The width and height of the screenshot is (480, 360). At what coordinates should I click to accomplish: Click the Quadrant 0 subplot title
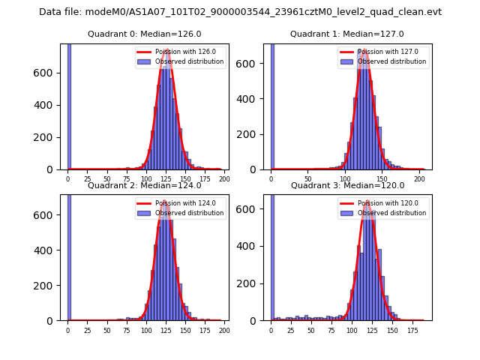click(144, 34)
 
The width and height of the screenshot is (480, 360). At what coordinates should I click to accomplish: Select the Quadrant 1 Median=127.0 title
click(346, 34)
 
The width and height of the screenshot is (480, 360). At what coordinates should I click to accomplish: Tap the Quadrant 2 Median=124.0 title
click(144, 185)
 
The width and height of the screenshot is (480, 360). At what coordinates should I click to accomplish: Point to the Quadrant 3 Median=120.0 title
click(346, 185)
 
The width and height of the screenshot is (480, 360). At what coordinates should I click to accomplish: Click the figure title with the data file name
click(240, 12)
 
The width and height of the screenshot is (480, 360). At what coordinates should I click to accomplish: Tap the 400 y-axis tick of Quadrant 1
click(256, 99)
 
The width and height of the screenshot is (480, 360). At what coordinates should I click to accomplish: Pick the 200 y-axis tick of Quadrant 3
click(256, 285)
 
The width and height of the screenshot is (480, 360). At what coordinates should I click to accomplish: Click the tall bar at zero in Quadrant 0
click(69, 105)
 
